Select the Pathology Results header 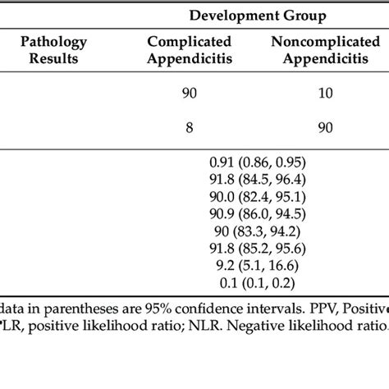[x=53, y=50]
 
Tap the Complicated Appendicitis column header [x=189, y=50]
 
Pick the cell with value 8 [x=190, y=127]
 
